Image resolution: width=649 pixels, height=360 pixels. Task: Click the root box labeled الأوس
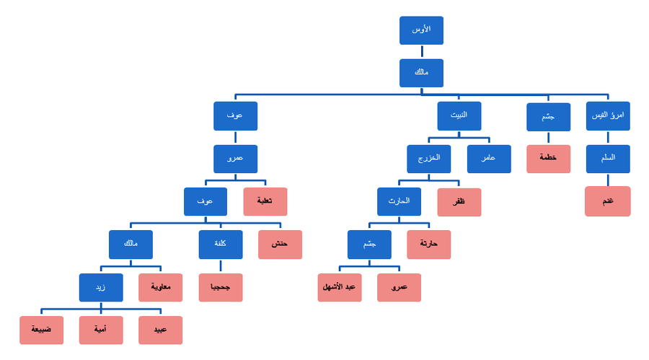point(421,30)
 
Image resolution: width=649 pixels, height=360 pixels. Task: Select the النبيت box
point(459,116)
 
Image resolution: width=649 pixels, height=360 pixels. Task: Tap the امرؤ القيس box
point(607,116)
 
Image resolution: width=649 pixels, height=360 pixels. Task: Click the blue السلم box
point(607,159)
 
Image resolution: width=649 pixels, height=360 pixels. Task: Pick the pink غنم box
point(607,201)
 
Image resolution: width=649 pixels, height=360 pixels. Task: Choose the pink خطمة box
point(548,159)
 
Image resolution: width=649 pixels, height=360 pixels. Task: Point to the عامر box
point(488,159)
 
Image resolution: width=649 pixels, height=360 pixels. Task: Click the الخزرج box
point(428,159)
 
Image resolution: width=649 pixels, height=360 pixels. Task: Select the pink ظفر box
point(459,202)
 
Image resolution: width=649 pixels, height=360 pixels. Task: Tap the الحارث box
point(399,202)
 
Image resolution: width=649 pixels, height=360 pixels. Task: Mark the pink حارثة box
point(428,245)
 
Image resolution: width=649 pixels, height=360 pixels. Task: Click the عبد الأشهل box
point(340,287)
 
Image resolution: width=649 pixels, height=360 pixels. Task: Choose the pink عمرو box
point(399,287)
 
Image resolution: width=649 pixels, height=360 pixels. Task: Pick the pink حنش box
point(280,245)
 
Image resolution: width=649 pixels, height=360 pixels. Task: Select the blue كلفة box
point(220,245)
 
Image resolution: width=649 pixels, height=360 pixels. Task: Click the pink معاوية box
point(160,287)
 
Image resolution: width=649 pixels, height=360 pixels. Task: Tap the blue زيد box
point(101,287)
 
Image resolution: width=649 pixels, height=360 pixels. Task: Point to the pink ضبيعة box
point(41,330)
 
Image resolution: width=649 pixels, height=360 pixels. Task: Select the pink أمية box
point(101,330)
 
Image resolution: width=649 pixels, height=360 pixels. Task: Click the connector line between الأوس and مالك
point(422,52)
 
